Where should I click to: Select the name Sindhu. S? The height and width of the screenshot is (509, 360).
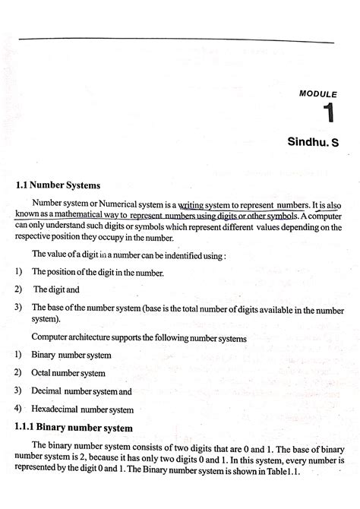coord(312,142)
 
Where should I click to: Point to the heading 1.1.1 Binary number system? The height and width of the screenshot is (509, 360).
coord(74,428)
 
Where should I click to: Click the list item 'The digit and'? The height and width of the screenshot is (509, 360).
coord(55,289)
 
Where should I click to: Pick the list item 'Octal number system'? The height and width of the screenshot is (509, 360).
coord(68,373)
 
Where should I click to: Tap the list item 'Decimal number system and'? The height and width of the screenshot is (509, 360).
coord(81,391)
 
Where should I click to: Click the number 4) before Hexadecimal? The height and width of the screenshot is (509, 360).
coord(17,409)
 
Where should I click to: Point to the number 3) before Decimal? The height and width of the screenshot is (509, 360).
coord(17,390)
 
